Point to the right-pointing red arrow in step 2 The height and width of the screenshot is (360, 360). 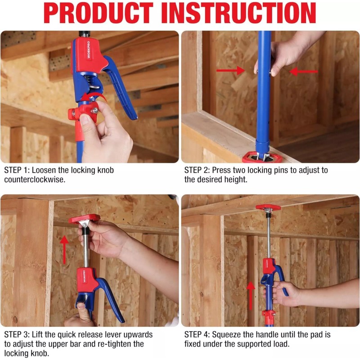229,71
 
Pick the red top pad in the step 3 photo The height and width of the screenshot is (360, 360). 84,219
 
